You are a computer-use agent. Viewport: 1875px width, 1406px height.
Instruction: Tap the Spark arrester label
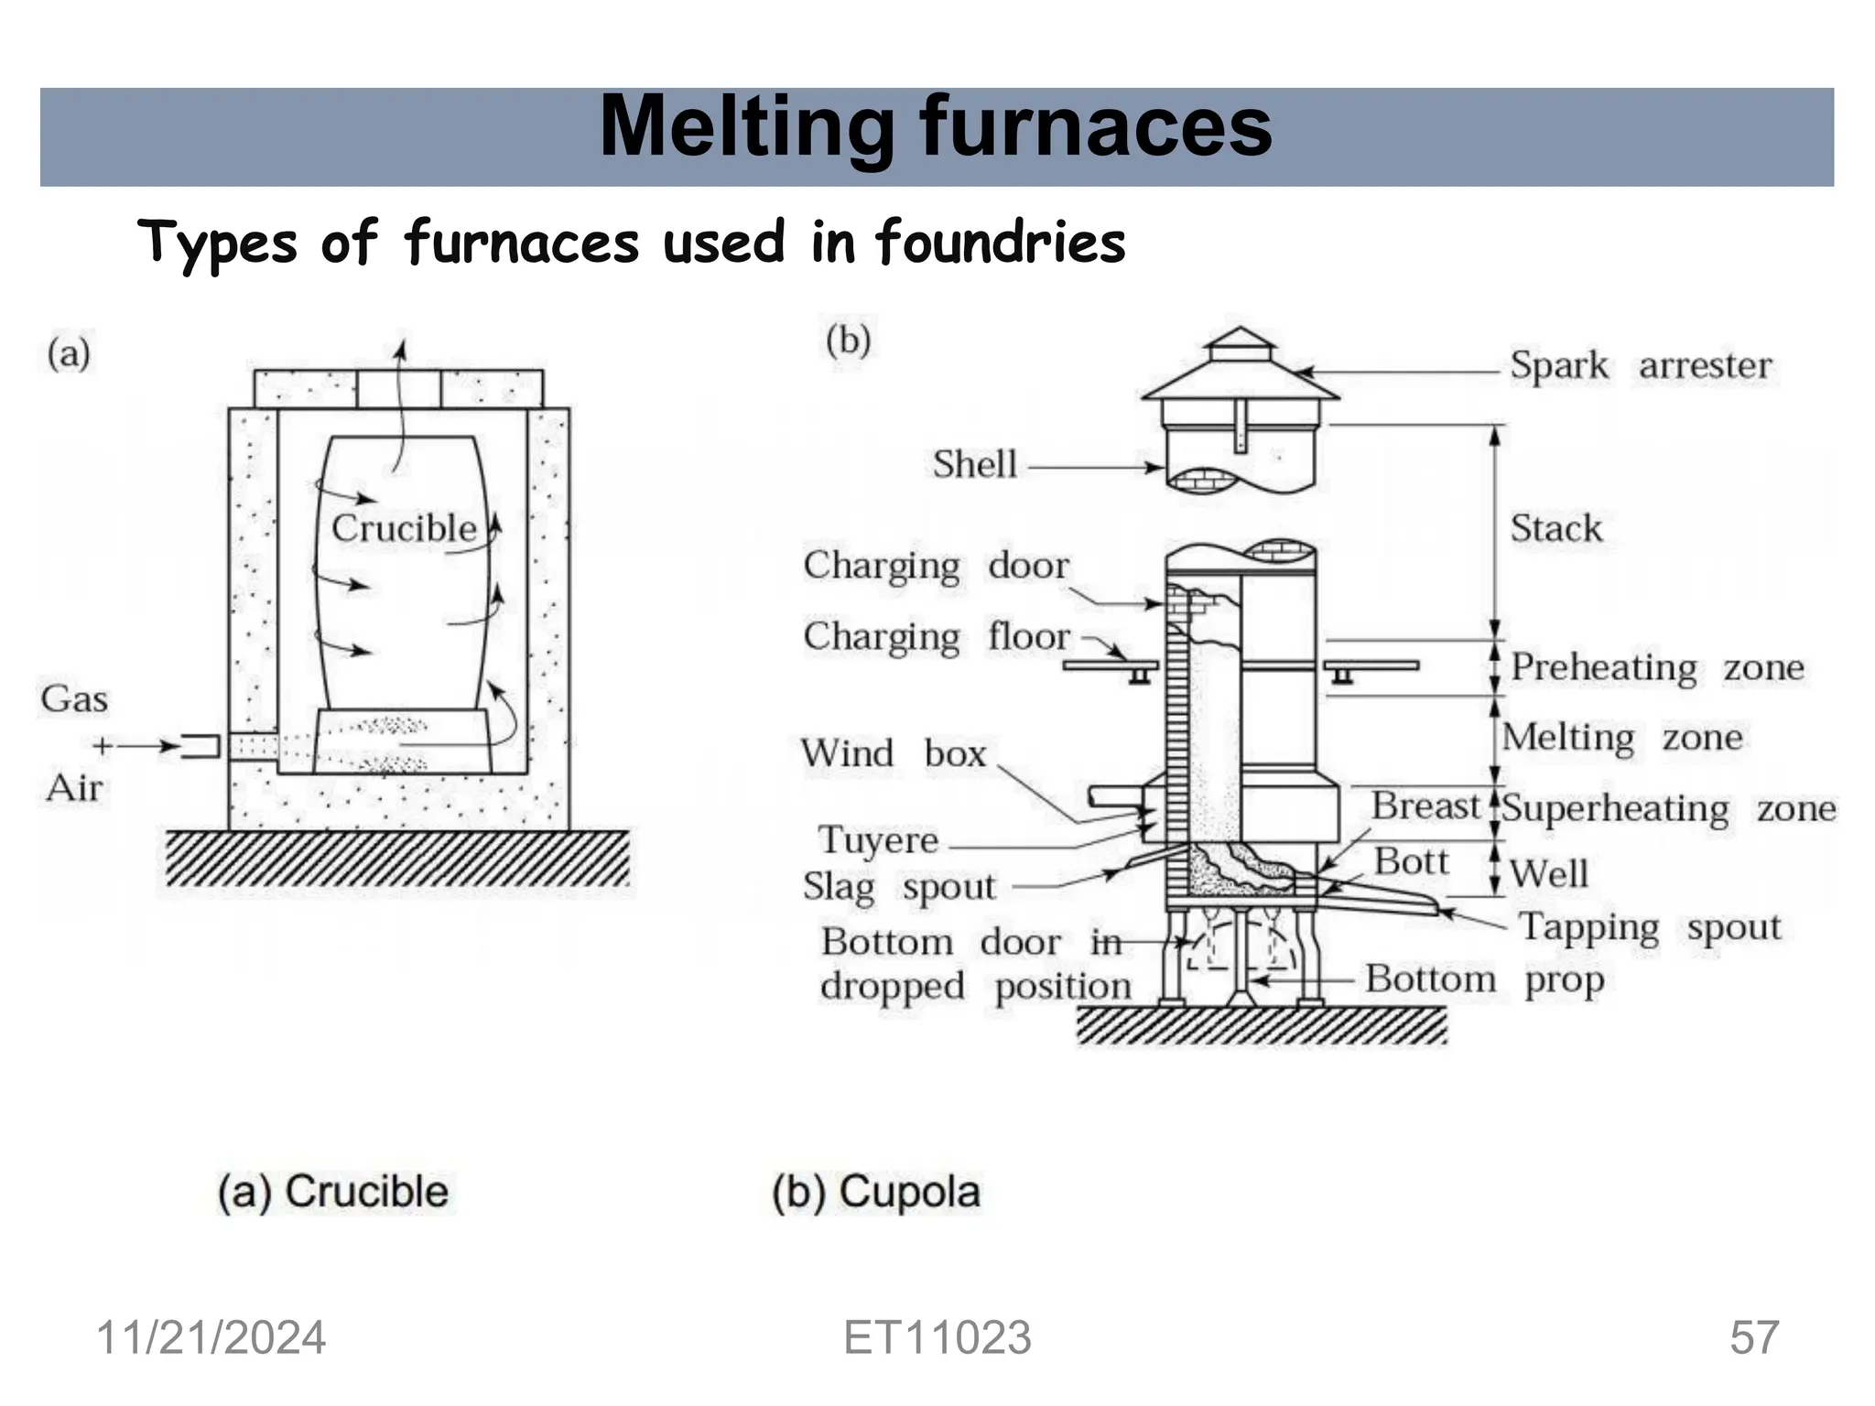pyautogui.click(x=1640, y=364)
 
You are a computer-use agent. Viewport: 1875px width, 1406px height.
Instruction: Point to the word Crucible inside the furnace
pyautogui.click(x=404, y=528)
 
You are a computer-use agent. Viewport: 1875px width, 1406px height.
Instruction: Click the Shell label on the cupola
pyautogui.click(x=974, y=464)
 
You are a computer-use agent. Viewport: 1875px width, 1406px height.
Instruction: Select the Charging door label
pyautogui.click(x=935, y=566)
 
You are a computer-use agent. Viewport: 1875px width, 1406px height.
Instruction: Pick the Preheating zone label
pyautogui.click(x=1656, y=667)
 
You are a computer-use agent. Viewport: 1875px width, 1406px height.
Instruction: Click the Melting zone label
pyautogui.click(x=1621, y=738)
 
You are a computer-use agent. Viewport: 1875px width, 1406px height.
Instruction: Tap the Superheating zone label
pyautogui.click(x=1668, y=809)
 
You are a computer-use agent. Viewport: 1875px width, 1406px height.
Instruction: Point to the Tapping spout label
pyautogui.click(x=1650, y=927)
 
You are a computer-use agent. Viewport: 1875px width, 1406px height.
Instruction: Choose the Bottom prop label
pyautogui.click(x=1484, y=979)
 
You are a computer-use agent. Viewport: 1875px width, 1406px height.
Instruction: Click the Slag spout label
pyautogui.click(x=898, y=887)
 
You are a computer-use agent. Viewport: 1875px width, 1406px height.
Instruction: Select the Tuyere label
pyautogui.click(x=878, y=840)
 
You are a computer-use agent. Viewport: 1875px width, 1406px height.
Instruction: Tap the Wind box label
pyautogui.click(x=893, y=753)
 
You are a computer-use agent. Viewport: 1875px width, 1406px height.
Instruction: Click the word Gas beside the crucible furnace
pyautogui.click(x=74, y=699)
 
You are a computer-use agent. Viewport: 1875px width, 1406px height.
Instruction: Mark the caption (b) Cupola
pyautogui.click(x=875, y=1192)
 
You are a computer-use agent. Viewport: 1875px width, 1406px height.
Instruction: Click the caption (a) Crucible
pyautogui.click(x=333, y=1192)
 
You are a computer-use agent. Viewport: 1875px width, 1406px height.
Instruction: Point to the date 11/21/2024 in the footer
pyautogui.click(x=211, y=1337)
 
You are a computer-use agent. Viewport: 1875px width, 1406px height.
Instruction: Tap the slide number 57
pyautogui.click(x=1754, y=1337)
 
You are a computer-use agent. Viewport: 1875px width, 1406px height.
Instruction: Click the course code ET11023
pyautogui.click(x=937, y=1337)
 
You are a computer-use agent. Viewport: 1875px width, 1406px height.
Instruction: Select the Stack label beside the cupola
pyautogui.click(x=1555, y=528)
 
